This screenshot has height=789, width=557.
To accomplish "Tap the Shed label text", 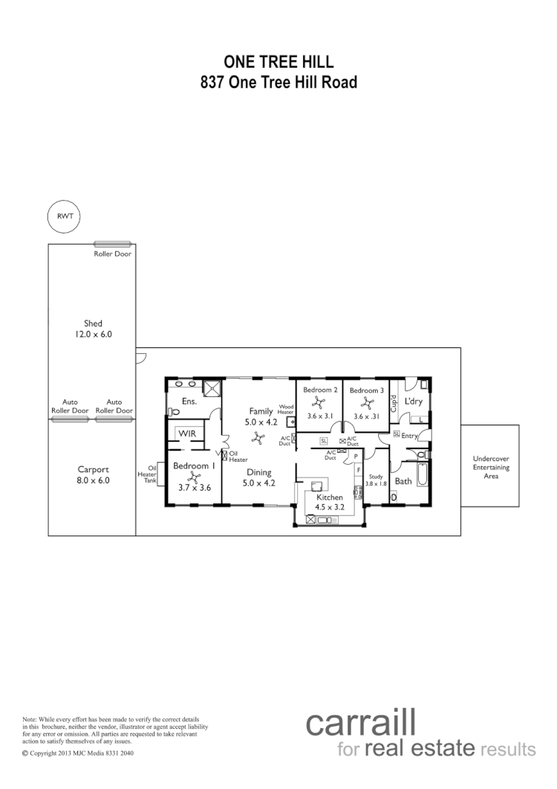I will [x=93, y=323].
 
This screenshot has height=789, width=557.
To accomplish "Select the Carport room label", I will [x=94, y=469].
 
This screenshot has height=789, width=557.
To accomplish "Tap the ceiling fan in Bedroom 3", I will [x=366, y=402].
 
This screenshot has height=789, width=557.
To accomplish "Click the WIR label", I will [x=185, y=433].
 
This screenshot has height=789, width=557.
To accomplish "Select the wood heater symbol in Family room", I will [x=291, y=421].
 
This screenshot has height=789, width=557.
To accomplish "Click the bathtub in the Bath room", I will [x=422, y=474].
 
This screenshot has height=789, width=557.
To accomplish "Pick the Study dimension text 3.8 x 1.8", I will [x=377, y=483].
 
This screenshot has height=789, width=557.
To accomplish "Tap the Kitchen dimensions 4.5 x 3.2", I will [x=330, y=508].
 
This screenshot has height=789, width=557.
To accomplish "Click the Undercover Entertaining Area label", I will [x=491, y=467].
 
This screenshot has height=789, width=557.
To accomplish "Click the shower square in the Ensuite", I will [x=212, y=387].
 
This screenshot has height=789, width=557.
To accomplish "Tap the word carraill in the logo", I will [x=360, y=724].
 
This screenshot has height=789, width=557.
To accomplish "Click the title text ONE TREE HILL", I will [x=278, y=62].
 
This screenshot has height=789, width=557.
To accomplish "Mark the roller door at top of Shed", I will [x=112, y=244].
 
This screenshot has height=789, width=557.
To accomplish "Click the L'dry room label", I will [x=414, y=402].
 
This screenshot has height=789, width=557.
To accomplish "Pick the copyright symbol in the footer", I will [x=25, y=753].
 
